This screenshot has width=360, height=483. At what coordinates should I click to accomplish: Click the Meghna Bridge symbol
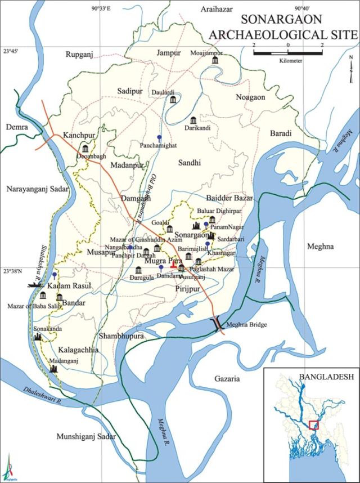coord(216,325)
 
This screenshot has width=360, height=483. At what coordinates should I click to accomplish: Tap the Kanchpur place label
coord(78,137)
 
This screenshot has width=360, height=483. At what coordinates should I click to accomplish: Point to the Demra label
coord(17,128)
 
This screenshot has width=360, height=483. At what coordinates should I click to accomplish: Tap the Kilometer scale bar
coord(287,53)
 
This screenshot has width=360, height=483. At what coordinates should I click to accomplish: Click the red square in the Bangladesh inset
coord(313,424)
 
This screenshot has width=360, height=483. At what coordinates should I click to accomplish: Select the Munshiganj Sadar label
coord(85,437)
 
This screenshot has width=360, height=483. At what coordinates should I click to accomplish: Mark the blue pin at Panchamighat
coord(159,137)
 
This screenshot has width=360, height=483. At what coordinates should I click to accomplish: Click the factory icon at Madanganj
coord(54,368)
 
